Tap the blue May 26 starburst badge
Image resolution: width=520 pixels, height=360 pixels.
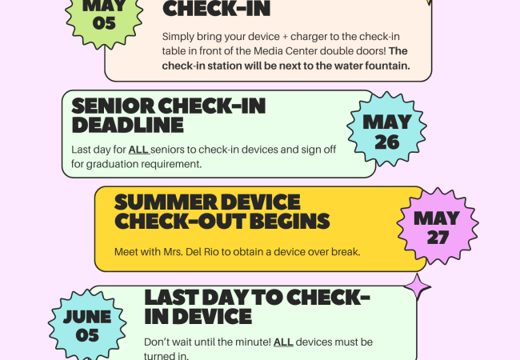pyautogui.click(x=386, y=129)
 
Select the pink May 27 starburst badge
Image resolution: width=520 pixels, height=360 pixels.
pyautogui.click(x=438, y=226)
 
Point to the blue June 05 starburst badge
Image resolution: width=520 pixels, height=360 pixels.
pyautogui.click(x=87, y=325)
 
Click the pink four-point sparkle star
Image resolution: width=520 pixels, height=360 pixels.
pyautogui.click(x=417, y=287)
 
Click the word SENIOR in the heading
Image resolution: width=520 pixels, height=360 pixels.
pyautogui.click(x=113, y=106)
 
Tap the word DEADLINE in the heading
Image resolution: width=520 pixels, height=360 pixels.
pyautogui.click(x=127, y=125)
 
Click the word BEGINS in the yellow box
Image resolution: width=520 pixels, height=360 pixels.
pyautogui.click(x=290, y=221)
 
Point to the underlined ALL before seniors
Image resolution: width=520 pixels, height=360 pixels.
pyautogui.click(x=139, y=150)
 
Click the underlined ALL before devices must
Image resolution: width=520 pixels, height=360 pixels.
pyautogui.click(x=283, y=342)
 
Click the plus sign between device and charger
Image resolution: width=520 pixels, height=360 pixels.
pyautogui.click(x=285, y=37)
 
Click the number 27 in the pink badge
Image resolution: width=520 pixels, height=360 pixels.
pyautogui.click(x=438, y=238)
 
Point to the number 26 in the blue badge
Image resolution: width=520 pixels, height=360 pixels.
pyautogui.click(x=387, y=142)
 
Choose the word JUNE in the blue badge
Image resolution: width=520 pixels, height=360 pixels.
pyautogui.click(x=87, y=317)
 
